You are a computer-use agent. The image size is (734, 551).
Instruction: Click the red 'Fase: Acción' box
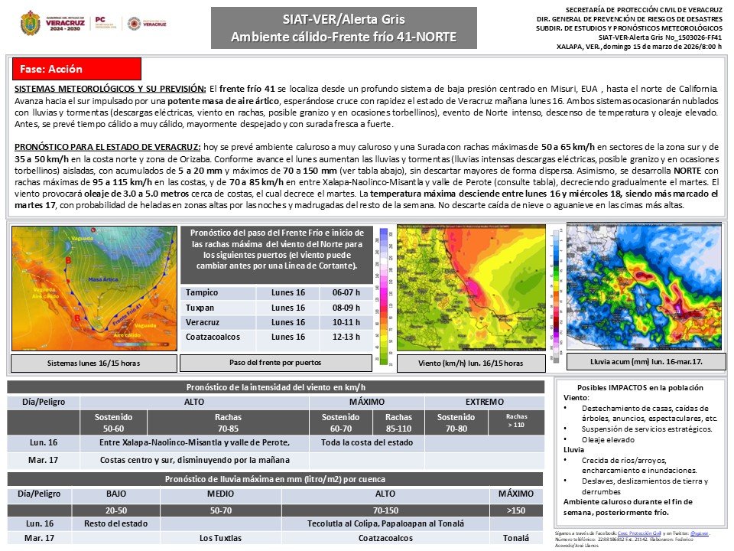(77, 69)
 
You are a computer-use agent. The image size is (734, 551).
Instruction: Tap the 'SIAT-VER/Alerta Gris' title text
(343, 19)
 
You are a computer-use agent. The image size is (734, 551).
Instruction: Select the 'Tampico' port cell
(202, 292)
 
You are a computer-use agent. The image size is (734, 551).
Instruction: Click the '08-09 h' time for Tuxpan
(352, 307)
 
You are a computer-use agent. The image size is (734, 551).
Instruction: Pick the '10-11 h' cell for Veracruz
(352, 322)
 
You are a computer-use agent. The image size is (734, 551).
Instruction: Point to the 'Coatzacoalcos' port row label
(213, 337)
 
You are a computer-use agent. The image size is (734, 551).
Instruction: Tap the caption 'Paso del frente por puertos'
(275, 362)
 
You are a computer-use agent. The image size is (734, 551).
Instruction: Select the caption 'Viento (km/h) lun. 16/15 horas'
(471, 363)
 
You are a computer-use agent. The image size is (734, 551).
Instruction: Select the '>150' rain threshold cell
(516, 509)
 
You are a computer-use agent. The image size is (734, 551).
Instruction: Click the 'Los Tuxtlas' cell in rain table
(220, 538)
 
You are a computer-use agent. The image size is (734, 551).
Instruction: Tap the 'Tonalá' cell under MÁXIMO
(516, 538)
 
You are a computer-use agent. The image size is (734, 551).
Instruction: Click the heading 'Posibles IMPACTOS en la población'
(639, 388)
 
